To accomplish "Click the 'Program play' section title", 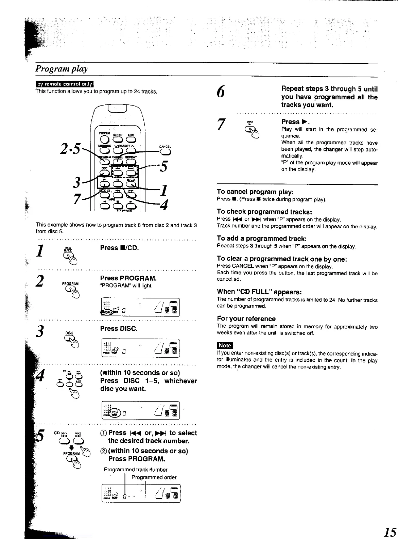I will click(62, 69).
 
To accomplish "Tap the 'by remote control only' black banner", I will click(65, 85).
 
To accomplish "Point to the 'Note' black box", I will click(225, 345).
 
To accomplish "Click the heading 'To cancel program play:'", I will click(255, 192).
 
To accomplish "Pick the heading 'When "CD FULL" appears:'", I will click(259, 292).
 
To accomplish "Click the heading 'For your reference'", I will click(246, 318).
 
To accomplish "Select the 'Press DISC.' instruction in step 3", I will click(119, 329).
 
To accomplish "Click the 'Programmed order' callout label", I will click(154, 477).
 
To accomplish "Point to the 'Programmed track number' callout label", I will click(136, 470).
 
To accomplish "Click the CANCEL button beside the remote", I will click(165, 152).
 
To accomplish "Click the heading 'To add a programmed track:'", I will click(260, 239).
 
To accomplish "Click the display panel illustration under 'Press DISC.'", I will click(140, 348).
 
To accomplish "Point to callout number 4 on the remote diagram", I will click(164, 205).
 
